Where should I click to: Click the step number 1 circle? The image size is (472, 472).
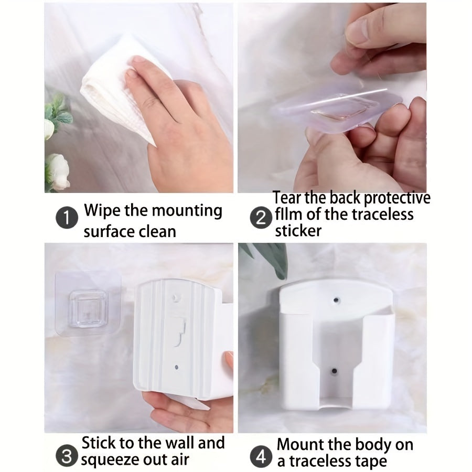[67, 217]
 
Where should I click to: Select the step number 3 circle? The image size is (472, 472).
[67, 455]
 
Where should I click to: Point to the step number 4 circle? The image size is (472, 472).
[261, 456]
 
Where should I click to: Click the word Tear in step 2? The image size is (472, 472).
[287, 198]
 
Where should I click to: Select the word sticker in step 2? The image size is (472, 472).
[298, 231]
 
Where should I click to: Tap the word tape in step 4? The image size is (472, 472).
[372, 462]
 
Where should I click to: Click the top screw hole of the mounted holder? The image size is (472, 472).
[336, 300]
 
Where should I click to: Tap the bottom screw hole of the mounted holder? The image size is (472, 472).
[334, 371]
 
